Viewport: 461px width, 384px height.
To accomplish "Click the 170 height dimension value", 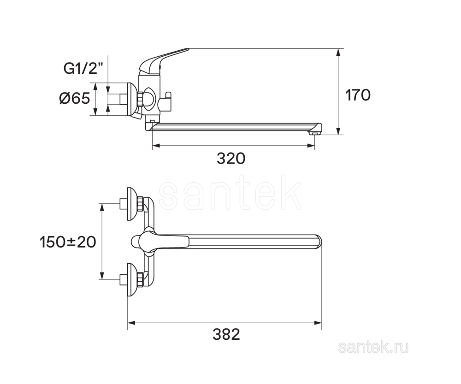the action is [358, 95].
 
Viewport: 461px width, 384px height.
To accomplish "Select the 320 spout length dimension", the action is [231, 159].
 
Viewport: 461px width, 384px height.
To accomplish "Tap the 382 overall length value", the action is [226, 334].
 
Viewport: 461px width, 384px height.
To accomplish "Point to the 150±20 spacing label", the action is [68, 242].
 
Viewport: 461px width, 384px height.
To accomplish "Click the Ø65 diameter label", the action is [74, 98].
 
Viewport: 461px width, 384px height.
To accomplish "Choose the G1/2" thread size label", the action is [83, 69].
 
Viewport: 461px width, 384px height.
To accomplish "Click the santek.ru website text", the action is [373, 348].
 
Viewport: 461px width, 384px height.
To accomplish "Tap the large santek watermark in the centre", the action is [230, 193].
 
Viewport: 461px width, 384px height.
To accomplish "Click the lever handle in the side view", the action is [164, 60].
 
